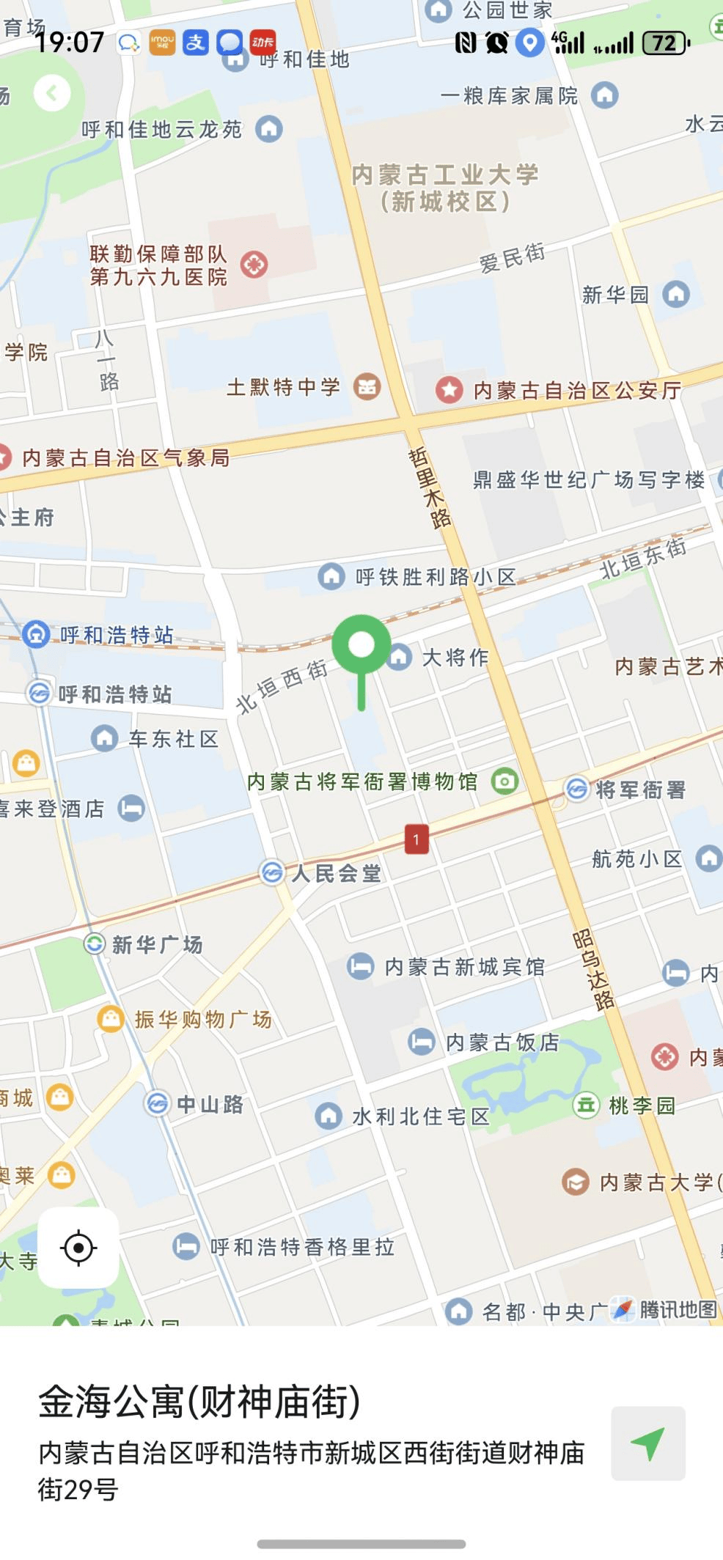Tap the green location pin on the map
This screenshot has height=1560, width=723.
pyautogui.click(x=361, y=646)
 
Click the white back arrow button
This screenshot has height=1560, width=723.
pyautogui.click(x=52, y=93)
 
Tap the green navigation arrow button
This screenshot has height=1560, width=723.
pyautogui.click(x=648, y=1443)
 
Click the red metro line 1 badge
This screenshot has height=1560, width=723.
pyautogui.click(x=416, y=839)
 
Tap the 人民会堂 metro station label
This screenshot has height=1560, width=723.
pyautogui.click(x=336, y=873)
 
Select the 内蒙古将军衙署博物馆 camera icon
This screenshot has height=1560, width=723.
pyautogui.click(x=504, y=781)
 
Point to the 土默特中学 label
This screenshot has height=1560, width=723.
pyautogui.click(x=283, y=386)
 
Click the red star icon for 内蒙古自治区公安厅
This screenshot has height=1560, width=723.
pyautogui.click(x=449, y=389)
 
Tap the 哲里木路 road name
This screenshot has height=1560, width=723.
pyautogui.click(x=430, y=487)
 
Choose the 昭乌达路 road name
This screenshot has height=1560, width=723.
pyautogui.click(x=593, y=969)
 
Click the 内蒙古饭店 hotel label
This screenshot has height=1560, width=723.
pyautogui.click(x=502, y=1042)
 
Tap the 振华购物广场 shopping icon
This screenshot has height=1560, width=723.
pyautogui.click(x=111, y=1018)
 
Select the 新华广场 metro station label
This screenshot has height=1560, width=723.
pyautogui.click(x=156, y=944)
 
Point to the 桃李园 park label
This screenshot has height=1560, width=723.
pyautogui.click(x=642, y=1105)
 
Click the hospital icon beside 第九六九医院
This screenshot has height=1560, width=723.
pyautogui.click(x=254, y=265)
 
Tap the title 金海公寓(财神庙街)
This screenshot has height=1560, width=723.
pyautogui.click(x=199, y=1402)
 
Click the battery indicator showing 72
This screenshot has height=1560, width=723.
pyautogui.click(x=666, y=43)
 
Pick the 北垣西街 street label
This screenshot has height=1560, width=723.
pyautogui.click(x=282, y=685)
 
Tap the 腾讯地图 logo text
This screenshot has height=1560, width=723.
pyautogui.click(x=677, y=1309)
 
